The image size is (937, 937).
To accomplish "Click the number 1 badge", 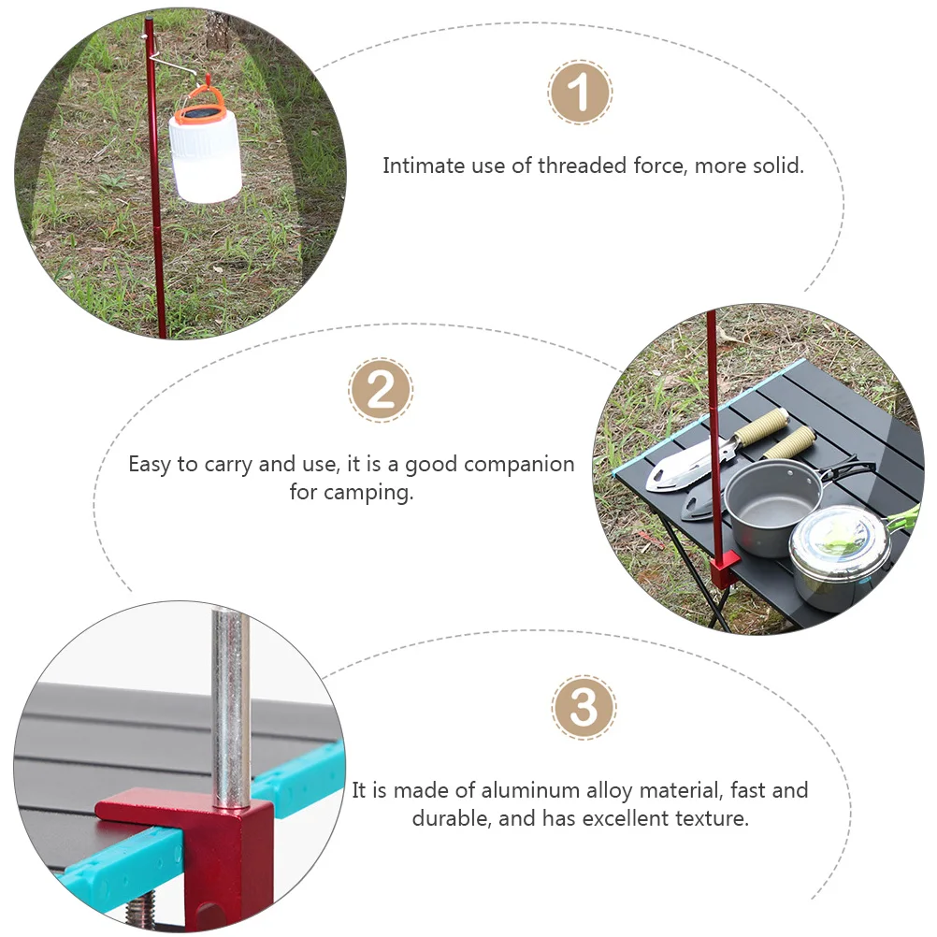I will coord(580,93).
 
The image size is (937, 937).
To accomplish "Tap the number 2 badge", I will coord(381,390).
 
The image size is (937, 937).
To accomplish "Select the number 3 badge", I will coord(584,707).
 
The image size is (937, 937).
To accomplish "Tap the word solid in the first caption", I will coord(776,166).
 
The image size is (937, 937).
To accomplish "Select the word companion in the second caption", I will coord(519,464).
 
